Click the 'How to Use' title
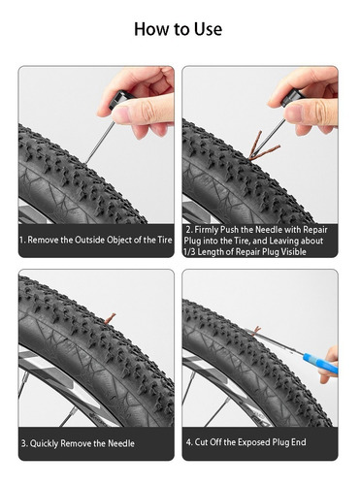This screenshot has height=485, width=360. pos(178,29)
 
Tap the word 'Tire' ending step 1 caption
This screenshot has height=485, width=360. pos(165,240)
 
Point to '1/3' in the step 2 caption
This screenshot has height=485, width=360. pos(189,251)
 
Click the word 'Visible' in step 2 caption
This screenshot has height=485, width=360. pos(293,251)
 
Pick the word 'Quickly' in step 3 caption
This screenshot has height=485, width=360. pos(45,443)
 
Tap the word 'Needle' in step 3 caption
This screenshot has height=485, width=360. pos(121,443)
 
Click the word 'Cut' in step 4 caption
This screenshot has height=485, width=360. pos(201,442)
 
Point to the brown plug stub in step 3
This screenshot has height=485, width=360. pos(111,318)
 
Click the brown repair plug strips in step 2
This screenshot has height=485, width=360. pos(261,147)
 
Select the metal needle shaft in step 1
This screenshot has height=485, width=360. pos(100,143)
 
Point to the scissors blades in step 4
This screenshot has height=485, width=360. pos(275,342)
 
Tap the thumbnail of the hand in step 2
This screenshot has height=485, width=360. pos(293,112)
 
